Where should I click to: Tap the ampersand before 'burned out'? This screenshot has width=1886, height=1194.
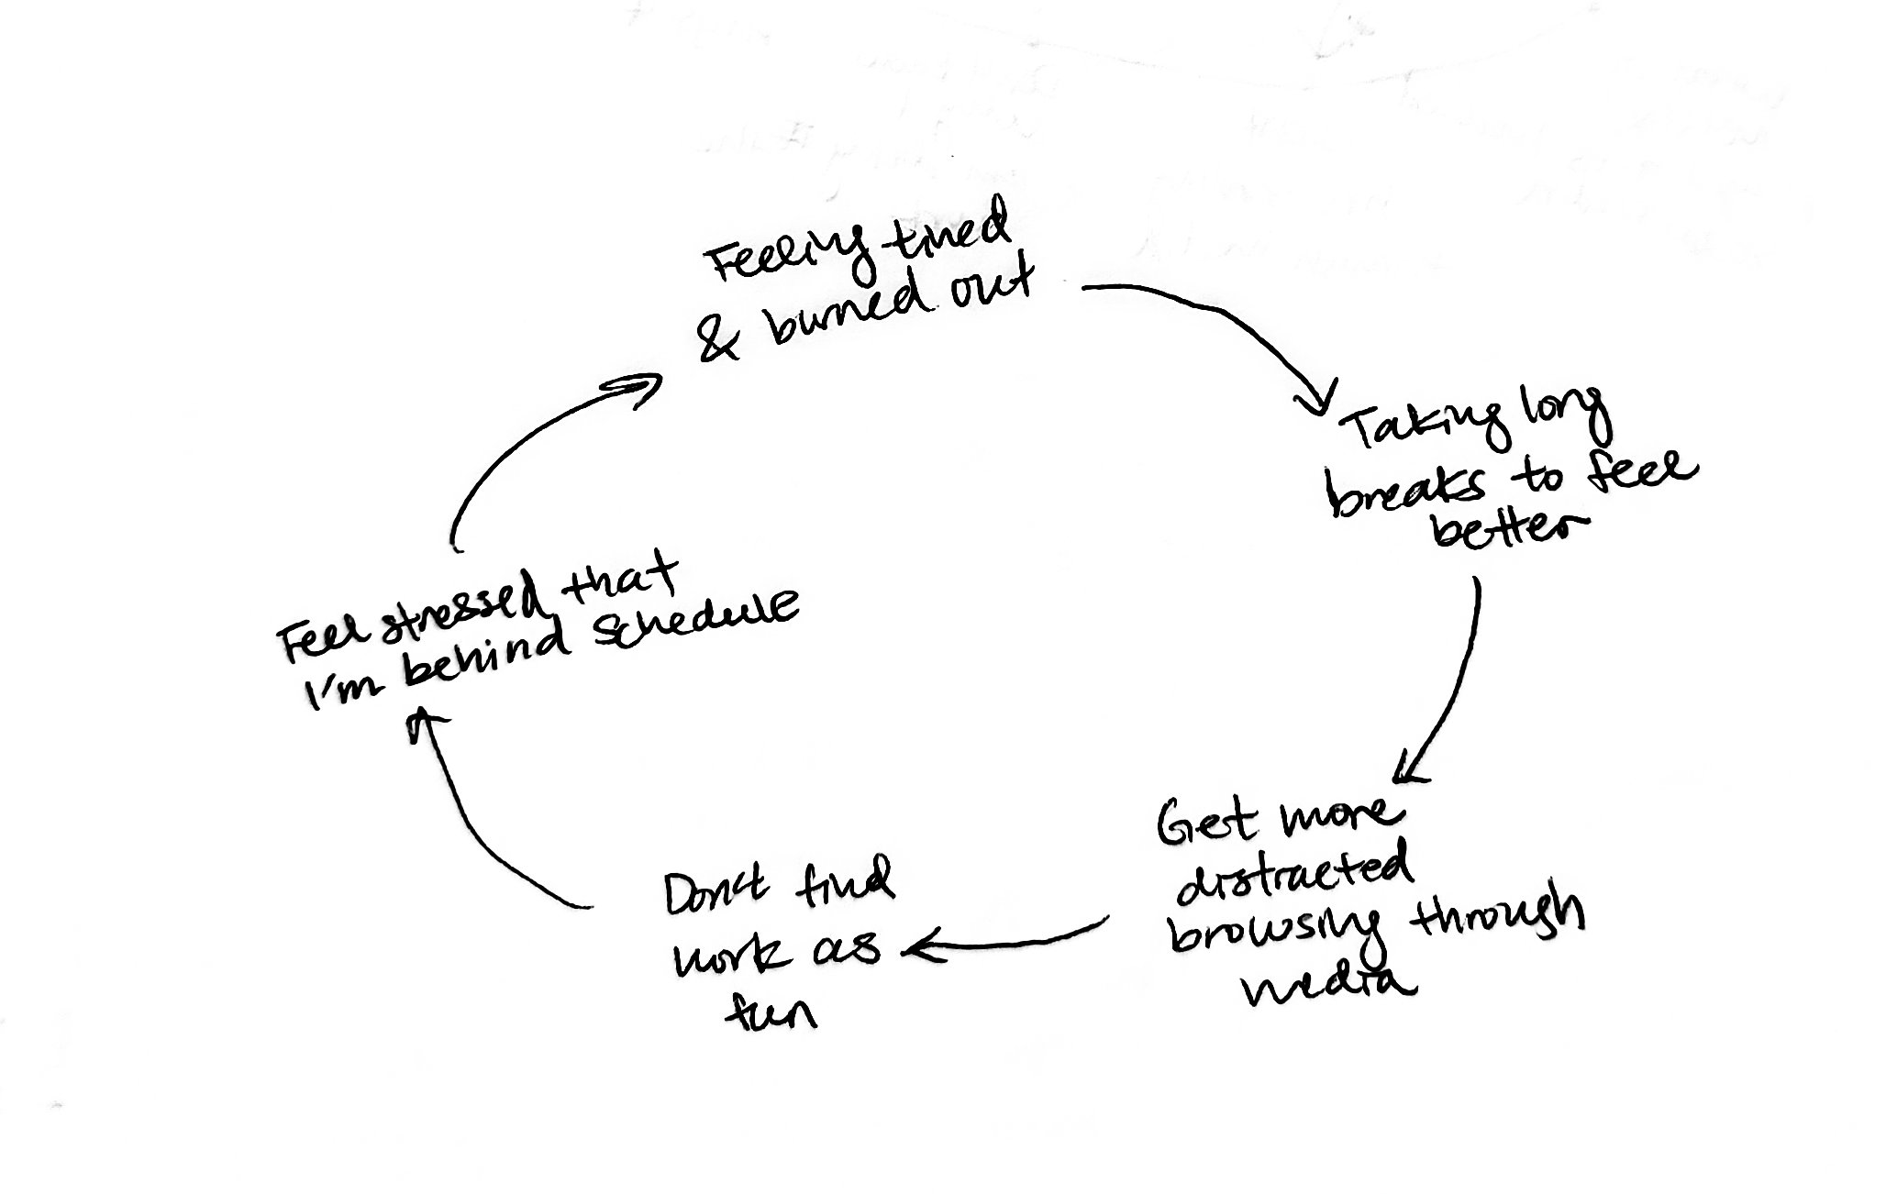tap(720, 340)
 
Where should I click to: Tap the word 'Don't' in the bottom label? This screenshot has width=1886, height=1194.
tap(720, 895)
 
